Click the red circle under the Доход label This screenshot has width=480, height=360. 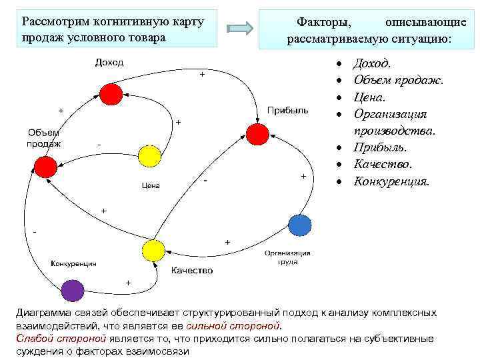[x=111, y=95]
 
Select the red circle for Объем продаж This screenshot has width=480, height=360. [x=45, y=167]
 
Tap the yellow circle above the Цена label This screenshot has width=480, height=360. [x=149, y=156]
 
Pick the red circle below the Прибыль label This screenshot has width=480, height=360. [x=256, y=134]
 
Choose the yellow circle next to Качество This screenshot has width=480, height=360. [x=153, y=250]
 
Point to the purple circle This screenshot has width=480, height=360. [x=72, y=291]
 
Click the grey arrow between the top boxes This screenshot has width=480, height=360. [x=240, y=28]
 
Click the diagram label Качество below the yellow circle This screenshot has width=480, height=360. [x=192, y=270]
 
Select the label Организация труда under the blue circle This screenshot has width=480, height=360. [x=287, y=257]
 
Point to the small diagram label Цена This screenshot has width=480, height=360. [x=151, y=185]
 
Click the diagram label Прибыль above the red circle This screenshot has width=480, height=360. [x=287, y=110]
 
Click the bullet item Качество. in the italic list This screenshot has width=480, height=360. [x=383, y=164]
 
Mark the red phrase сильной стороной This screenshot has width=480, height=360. [x=234, y=326]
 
